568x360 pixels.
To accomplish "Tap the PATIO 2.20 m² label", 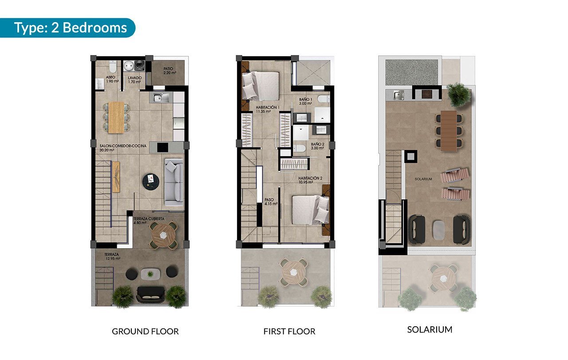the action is point(170,71).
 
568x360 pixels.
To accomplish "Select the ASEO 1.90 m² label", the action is point(112,79).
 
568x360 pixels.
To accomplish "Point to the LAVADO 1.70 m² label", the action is point(134,80).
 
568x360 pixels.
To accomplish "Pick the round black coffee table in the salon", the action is point(150,181).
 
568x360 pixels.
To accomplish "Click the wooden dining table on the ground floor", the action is point(116,118).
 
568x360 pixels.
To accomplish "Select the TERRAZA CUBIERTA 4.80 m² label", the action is point(149,221).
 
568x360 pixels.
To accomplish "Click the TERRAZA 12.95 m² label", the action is point(112,257).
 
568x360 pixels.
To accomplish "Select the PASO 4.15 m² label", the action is point(271,202).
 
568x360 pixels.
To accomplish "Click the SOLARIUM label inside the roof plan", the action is point(423,179).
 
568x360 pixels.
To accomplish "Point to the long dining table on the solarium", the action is point(449,131).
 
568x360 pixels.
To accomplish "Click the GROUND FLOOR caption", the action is point(145,331).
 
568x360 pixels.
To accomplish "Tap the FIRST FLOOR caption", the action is point(289,331).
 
